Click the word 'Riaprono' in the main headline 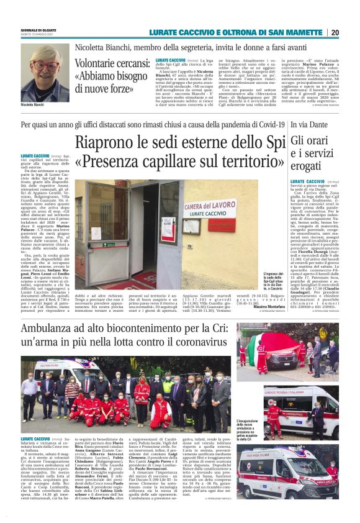[115, 142]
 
